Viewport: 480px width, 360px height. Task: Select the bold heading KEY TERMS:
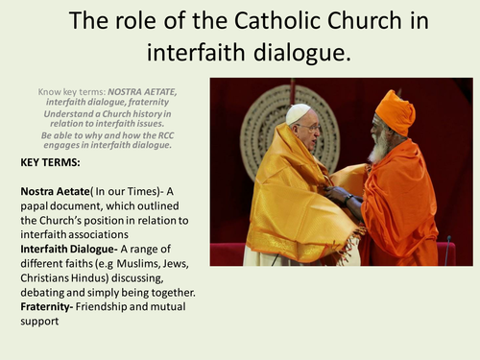[x=51, y=163]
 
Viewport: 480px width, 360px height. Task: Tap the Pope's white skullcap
[x=299, y=114]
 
